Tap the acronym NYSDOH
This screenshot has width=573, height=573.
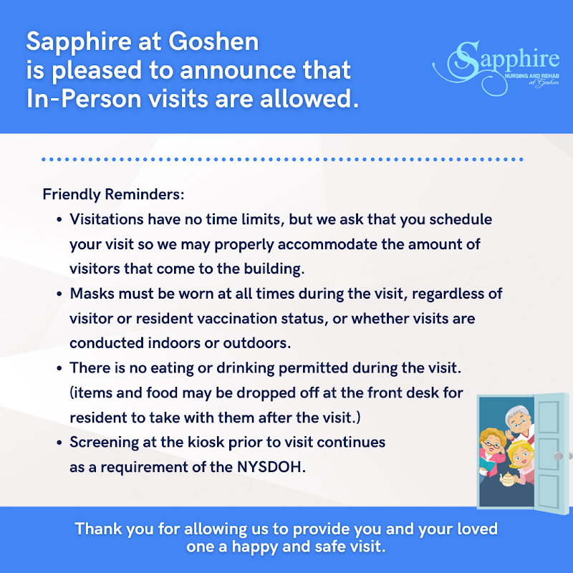coord(278,467)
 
